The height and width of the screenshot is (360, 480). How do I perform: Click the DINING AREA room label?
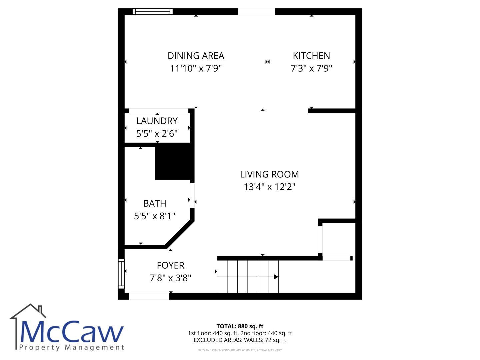[196, 56]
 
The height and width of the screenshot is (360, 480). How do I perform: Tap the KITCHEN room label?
[311, 56]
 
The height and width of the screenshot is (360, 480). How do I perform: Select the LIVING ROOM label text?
[269, 174]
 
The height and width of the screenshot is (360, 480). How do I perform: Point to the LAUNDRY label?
[157, 121]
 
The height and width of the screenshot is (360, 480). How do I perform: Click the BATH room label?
[155, 203]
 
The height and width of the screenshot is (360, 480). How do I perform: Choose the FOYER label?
[170, 265]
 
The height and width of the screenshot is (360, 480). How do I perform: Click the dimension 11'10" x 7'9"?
[196, 68]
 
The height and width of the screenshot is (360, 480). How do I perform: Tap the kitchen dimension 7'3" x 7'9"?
[311, 68]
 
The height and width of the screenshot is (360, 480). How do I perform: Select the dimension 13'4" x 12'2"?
[269, 187]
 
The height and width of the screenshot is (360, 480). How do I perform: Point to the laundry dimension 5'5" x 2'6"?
[157, 133]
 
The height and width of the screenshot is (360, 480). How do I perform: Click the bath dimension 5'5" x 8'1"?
[155, 216]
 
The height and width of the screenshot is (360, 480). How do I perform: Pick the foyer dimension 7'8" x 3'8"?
[170, 278]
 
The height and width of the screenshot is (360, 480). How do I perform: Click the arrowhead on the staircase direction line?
[276, 277]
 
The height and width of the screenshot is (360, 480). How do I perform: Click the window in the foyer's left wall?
[121, 274]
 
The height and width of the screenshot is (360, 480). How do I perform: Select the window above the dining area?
[153, 11]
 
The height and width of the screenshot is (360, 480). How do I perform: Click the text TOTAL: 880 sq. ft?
[240, 326]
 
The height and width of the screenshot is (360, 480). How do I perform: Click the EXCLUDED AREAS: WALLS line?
[240, 340]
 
